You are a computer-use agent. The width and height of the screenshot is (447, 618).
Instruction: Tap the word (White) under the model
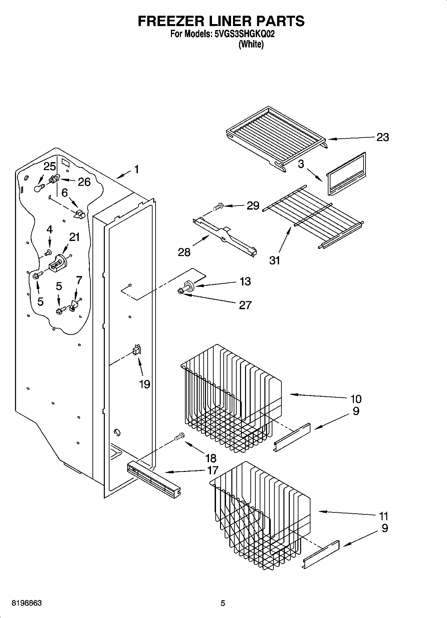pos(251,44)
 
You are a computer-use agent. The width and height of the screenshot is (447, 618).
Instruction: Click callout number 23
pos(383,137)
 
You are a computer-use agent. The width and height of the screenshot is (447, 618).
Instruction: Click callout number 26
pos(84,182)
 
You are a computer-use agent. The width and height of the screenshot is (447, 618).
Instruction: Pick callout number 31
pos(274,260)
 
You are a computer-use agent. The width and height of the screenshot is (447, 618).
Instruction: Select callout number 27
pos(245,305)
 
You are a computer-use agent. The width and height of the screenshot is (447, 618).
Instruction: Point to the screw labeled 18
pos(180,436)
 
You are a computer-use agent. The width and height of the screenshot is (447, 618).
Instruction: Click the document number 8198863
pos(27,603)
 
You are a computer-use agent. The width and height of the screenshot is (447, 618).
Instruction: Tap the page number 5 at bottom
pos(223,603)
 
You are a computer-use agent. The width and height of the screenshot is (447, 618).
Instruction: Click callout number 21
pos(74,237)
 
